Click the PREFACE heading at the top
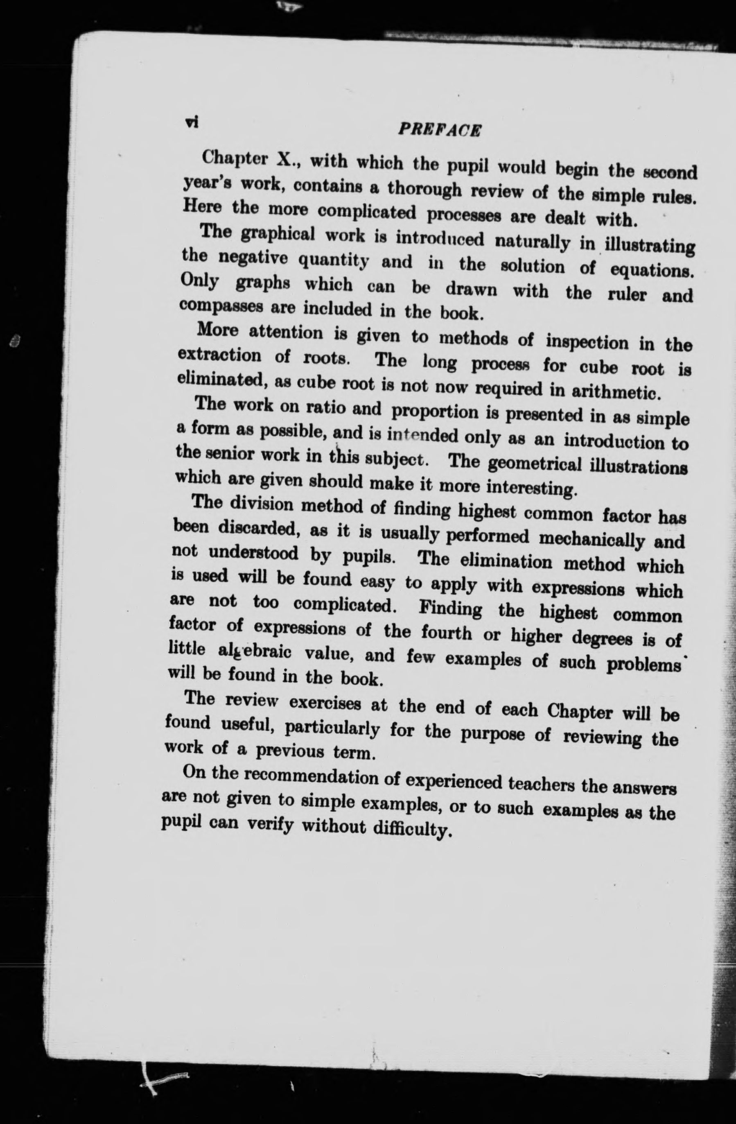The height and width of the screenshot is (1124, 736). pos(440,130)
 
